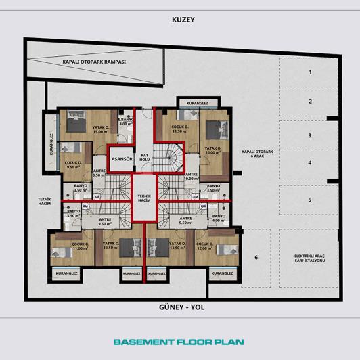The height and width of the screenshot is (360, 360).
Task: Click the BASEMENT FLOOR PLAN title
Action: coord(179,342)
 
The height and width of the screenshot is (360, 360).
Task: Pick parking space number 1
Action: coord(309,71)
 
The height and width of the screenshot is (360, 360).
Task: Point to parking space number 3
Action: coord(309,135)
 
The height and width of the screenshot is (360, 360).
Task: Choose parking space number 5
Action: coord(309,200)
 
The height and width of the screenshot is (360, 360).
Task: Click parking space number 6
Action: coord(256,258)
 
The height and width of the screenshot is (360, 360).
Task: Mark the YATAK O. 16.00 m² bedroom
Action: coord(213,150)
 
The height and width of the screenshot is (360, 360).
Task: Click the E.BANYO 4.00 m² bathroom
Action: coord(125,122)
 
